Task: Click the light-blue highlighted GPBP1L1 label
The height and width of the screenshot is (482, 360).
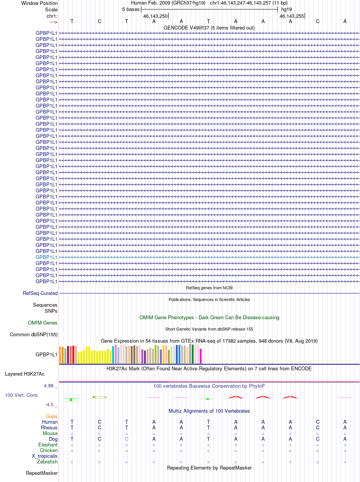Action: click(46, 257)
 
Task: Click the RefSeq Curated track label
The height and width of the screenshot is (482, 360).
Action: click(40, 293)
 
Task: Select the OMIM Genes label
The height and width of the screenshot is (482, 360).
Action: click(43, 323)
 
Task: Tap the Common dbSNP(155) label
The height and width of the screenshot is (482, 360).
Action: click(34, 335)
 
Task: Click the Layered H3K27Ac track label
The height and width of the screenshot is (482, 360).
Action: click(25, 374)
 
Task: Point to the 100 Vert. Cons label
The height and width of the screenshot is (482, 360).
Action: click(21, 395)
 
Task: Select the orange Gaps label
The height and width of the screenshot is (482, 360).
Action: click(52, 416)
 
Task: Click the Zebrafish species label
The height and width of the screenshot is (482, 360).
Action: click(47, 462)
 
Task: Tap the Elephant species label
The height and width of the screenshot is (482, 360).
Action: click(48, 445)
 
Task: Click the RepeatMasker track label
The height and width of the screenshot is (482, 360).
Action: click(42, 473)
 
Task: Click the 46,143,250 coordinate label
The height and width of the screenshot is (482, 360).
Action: click(155, 16)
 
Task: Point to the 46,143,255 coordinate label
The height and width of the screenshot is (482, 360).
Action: click(292, 16)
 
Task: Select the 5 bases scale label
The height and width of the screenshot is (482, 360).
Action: click(131, 9)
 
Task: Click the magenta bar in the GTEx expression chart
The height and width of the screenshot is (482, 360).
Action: click(201, 356)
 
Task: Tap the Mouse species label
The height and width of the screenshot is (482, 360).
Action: click(50, 434)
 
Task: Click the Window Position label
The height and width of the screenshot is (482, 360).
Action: click(39, 3)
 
